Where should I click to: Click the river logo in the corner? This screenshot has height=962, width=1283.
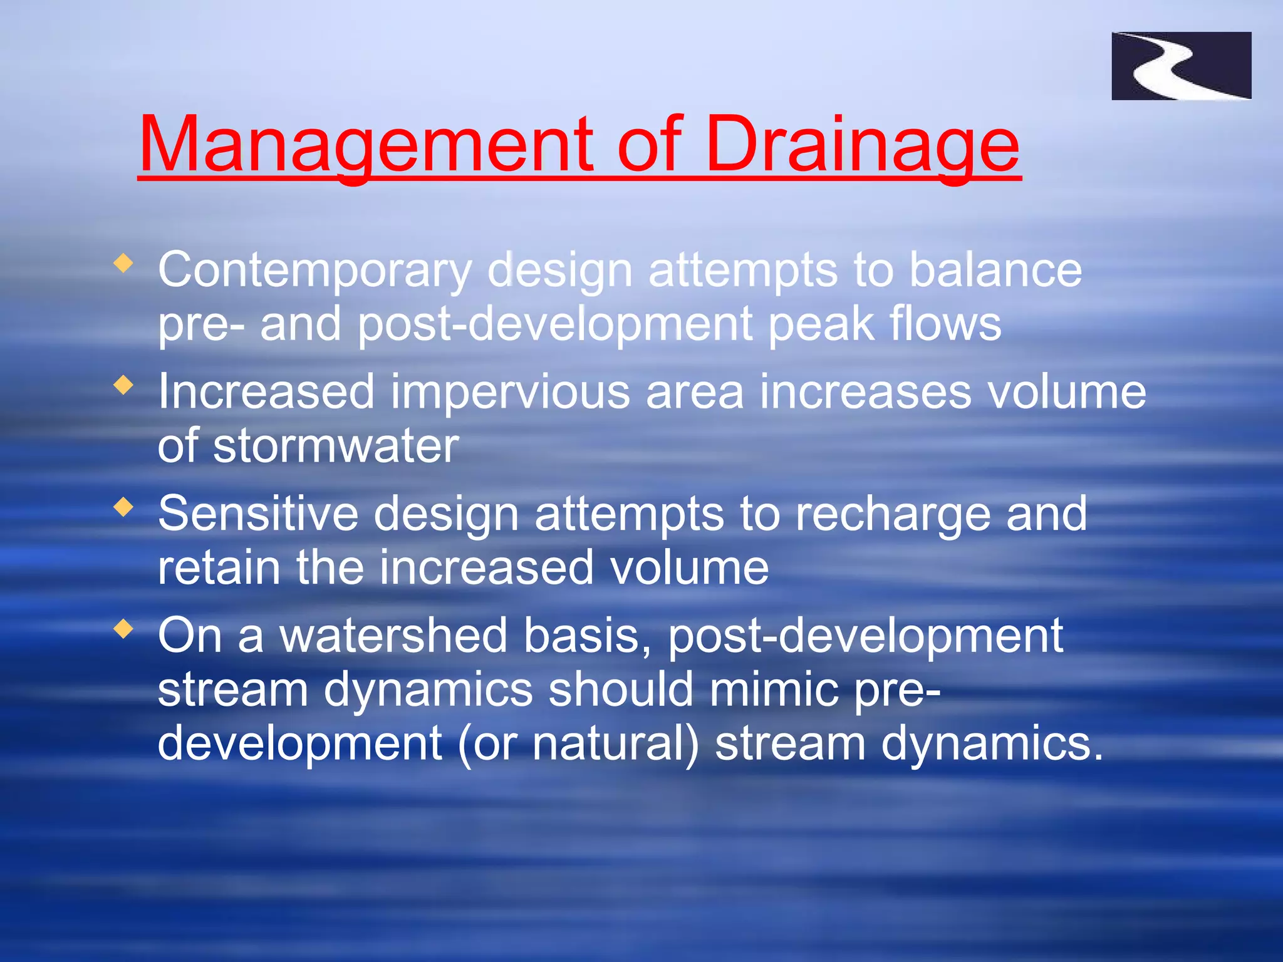click(x=1181, y=66)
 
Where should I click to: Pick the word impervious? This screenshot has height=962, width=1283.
click(x=510, y=392)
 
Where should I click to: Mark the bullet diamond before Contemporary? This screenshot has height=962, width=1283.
click(x=124, y=263)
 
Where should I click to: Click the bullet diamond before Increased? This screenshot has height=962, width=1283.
click(x=124, y=385)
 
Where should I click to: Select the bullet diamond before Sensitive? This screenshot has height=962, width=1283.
click(x=124, y=507)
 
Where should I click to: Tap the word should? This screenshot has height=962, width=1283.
click(x=620, y=690)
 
